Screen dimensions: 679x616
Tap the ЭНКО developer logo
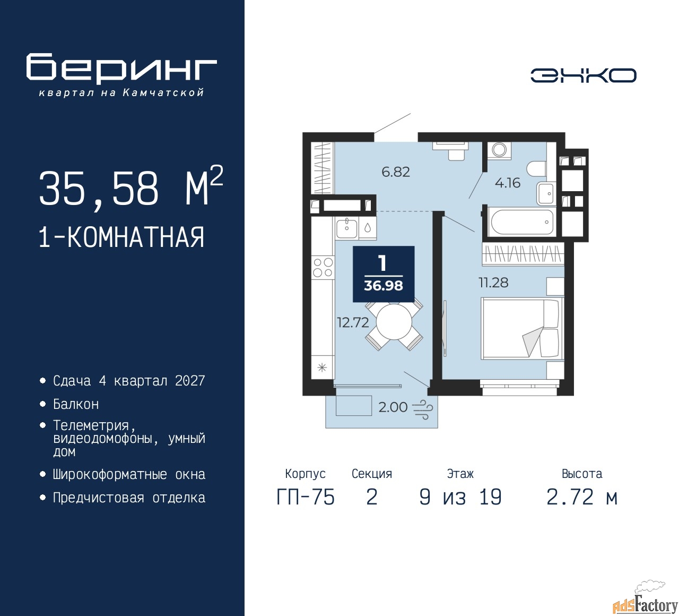583,75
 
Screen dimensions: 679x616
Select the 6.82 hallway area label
396,172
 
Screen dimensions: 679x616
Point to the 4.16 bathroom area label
507,183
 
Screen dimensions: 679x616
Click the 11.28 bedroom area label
493,283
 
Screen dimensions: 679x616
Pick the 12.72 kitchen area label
353,322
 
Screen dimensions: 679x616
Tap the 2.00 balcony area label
393,407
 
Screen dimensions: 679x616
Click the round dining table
394,322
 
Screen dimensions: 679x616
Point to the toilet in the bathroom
536,169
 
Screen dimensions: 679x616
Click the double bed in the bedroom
523,328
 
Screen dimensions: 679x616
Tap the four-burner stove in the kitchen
323,267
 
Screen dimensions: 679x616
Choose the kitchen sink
346,229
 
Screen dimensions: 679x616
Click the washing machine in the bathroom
499,149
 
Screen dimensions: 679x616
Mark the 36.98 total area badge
384,274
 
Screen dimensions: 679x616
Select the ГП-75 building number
306,498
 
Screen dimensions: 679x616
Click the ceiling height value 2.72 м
582,497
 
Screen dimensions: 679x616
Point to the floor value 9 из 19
460,497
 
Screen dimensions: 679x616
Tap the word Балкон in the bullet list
76,404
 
